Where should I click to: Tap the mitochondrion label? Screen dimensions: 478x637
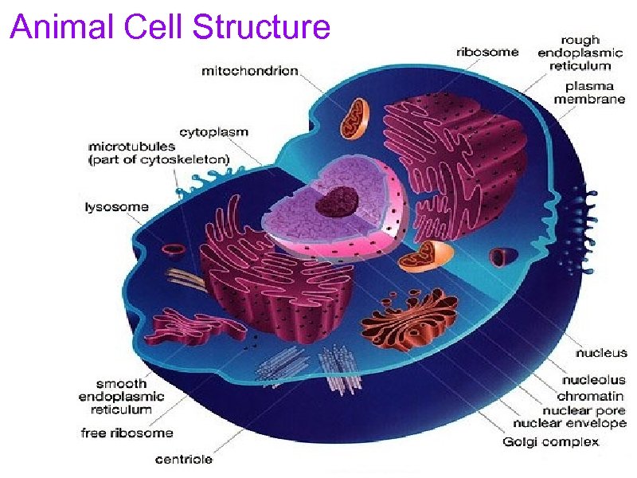point(250,71)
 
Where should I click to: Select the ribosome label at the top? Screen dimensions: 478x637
point(487,52)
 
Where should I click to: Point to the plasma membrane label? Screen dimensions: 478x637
point(589,92)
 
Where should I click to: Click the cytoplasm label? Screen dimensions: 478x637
point(213,132)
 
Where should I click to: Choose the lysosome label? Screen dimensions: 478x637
point(116,207)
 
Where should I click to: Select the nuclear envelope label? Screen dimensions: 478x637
point(569,424)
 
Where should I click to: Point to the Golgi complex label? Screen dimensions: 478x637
point(550,441)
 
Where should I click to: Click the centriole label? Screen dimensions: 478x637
point(184,459)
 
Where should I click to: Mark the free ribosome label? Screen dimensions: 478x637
point(127,433)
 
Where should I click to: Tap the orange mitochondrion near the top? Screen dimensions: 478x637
point(354,117)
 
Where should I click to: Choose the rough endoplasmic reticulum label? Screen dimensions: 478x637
point(580,53)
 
